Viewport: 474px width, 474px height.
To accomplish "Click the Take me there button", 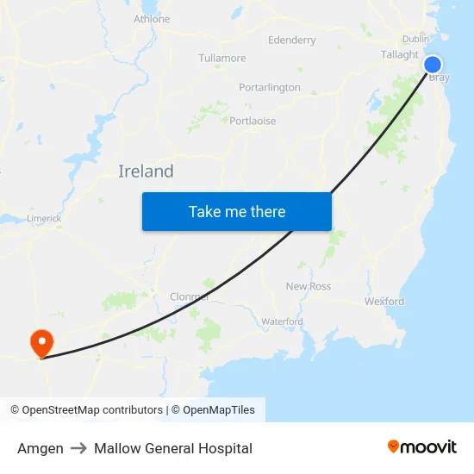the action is pos(237,211).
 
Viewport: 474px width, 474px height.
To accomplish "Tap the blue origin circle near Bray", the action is pos(433,65).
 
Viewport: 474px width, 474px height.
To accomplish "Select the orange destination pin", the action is pos(41,343).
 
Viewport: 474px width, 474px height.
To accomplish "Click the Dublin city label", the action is pos(415,39).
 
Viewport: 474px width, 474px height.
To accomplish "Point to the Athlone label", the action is pos(152,19).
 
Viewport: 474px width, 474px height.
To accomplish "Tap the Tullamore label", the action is pos(222,59).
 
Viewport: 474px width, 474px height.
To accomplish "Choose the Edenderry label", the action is pos(292,40).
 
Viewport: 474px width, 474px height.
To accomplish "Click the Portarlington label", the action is pos(270,88).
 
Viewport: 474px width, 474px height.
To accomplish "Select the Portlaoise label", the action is pos(253,122).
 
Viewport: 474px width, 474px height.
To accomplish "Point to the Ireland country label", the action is pos(146,172).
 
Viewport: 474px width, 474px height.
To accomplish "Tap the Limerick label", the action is pos(44,219).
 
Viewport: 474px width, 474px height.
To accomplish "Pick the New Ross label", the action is pos(308,286).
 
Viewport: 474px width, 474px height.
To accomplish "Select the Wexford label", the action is pos(384,302).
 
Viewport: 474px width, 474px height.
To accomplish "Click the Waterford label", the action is pos(282,322).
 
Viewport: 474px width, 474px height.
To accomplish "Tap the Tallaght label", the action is pos(400,54).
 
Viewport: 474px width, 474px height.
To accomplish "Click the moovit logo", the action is pos(422,446).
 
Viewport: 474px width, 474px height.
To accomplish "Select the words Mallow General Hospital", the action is pos(173,448).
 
